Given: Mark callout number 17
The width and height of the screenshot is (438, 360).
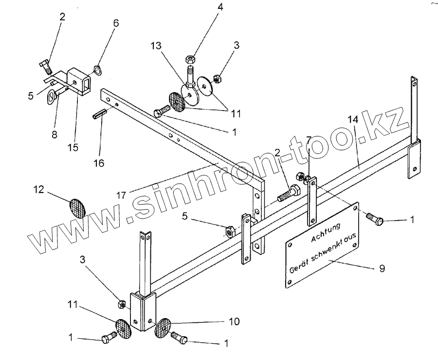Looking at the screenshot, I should [x=122, y=194].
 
